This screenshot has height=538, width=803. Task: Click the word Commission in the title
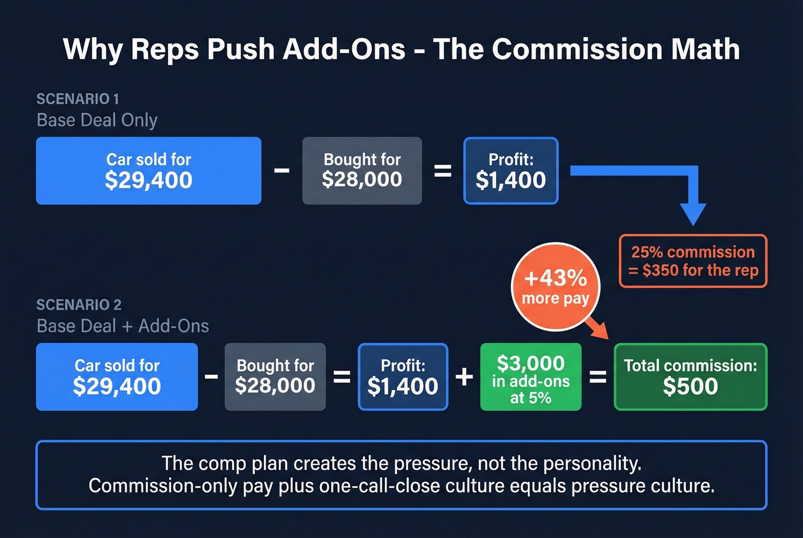(x=577, y=49)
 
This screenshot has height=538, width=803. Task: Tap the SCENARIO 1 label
(x=77, y=99)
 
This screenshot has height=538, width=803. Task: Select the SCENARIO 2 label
(x=79, y=305)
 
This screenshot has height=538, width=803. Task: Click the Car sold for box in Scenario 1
(x=149, y=171)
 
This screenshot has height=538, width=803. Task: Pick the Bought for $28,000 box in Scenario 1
(x=362, y=171)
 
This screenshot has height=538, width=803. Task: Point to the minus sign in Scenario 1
(x=282, y=170)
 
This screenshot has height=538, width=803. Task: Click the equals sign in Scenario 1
(x=442, y=171)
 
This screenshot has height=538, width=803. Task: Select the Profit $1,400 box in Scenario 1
(x=510, y=171)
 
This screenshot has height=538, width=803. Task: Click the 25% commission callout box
(x=693, y=261)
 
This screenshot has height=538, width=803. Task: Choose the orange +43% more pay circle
(x=555, y=286)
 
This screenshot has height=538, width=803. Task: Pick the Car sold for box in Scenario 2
(x=117, y=377)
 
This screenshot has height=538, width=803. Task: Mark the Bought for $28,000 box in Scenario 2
(x=275, y=377)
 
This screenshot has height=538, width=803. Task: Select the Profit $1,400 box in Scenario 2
(x=403, y=377)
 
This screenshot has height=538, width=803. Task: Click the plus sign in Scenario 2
(x=464, y=377)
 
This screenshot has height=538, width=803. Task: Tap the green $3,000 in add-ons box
(x=531, y=377)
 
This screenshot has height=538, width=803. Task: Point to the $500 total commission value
(x=690, y=387)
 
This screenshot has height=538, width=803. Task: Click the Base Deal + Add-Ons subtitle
(x=123, y=326)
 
